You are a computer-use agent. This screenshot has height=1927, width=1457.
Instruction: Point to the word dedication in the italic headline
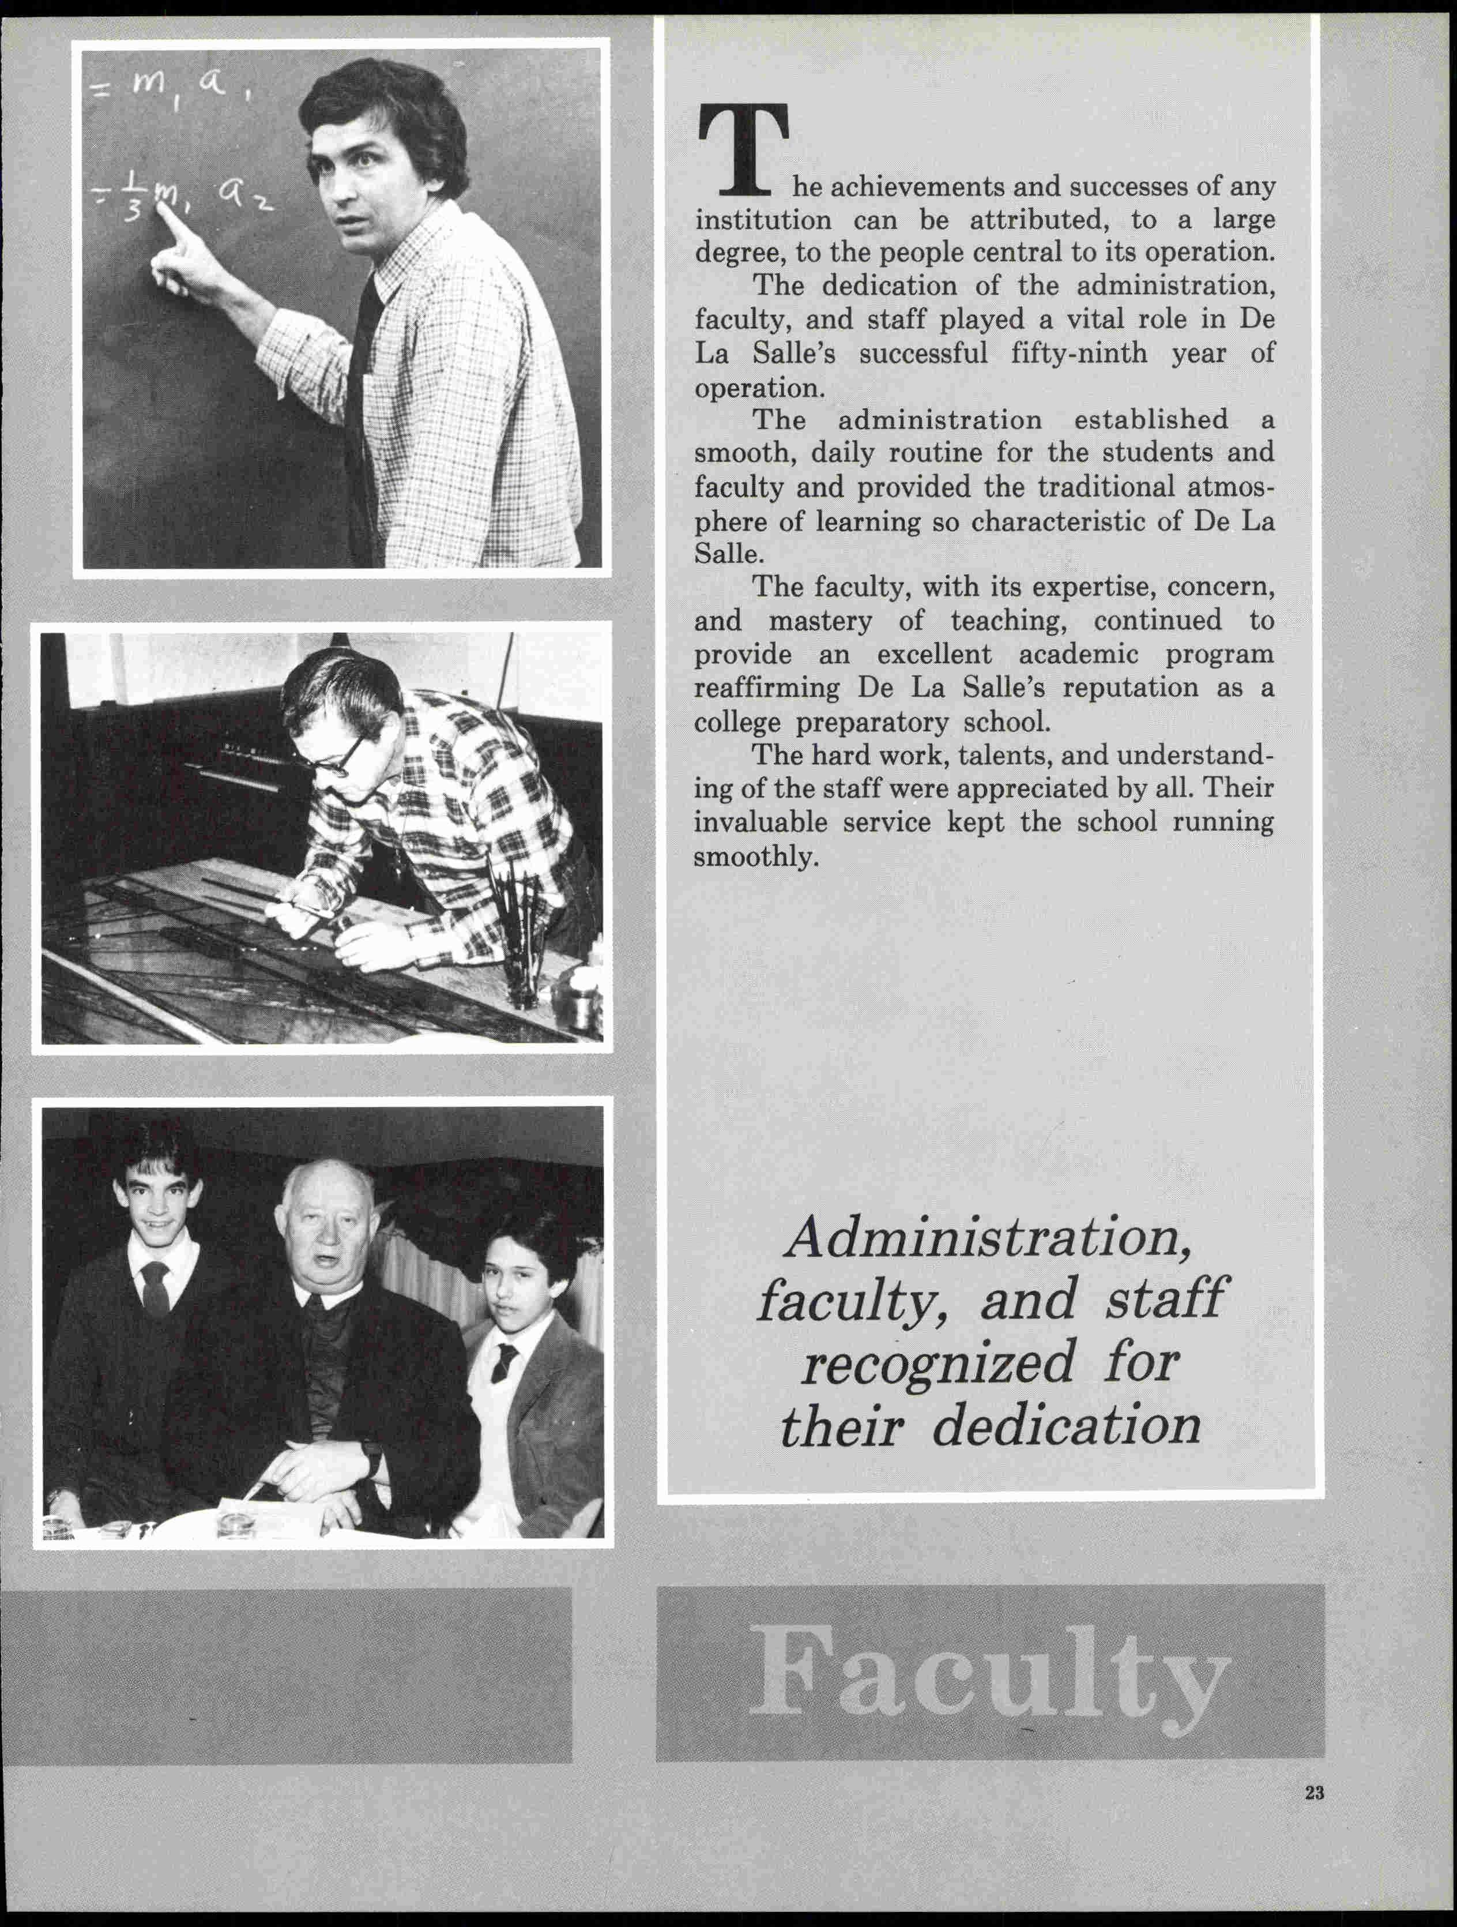[x=1066, y=1428]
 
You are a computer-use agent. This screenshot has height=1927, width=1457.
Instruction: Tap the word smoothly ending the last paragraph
[x=756, y=857]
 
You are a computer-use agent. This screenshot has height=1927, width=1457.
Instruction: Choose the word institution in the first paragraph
[x=763, y=220]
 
